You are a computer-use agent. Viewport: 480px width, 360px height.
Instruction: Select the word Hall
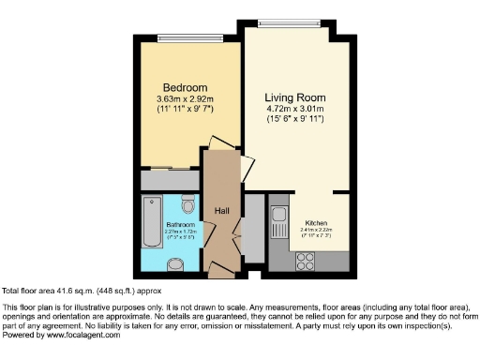tap(222, 211)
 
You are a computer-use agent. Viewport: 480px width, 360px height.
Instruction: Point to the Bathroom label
tap(180, 225)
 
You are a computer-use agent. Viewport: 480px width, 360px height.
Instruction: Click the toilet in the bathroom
tap(188, 204)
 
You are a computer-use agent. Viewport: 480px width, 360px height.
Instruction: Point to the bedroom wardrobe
tap(170, 179)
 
